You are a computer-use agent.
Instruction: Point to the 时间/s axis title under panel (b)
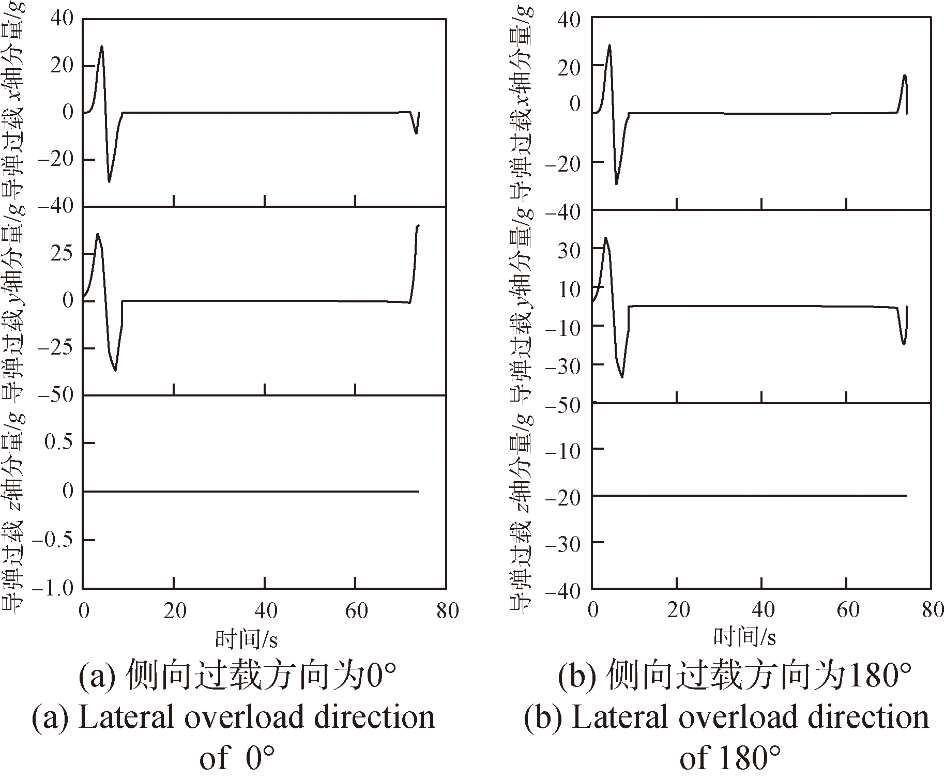pyautogui.click(x=744, y=637)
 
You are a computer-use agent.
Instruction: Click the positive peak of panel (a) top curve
pyautogui.click(x=102, y=47)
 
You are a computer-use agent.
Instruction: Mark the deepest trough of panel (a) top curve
pyautogui.click(x=109, y=181)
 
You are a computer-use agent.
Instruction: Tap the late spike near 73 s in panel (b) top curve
pyautogui.click(x=905, y=75)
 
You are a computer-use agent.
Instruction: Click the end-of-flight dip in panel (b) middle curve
pyautogui.click(x=904, y=344)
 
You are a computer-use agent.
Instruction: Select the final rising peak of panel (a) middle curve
pyautogui.click(x=418, y=226)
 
